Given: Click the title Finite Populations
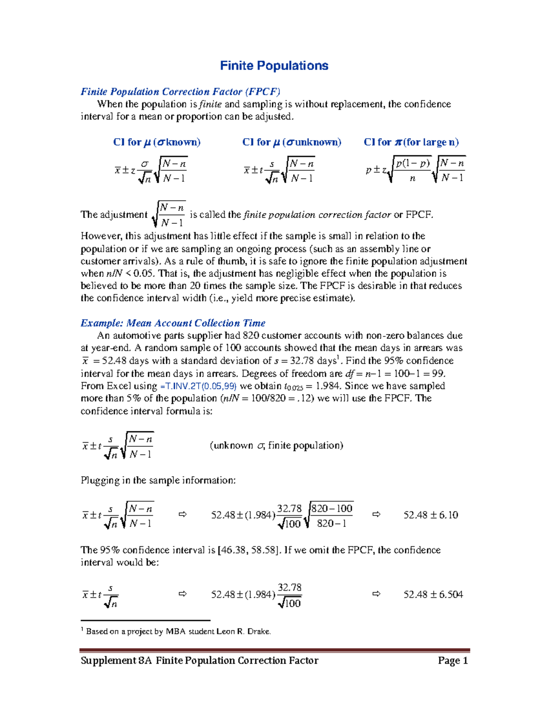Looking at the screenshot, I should (274, 65).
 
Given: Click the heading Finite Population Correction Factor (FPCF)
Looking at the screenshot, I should (180, 92).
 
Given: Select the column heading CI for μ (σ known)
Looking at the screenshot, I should (156, 142).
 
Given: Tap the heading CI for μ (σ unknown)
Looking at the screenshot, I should (291, 142).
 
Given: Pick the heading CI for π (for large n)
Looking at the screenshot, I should (411, 142).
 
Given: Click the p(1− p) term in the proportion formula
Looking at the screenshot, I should (413, 163).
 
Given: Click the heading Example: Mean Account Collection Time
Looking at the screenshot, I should (173, 323).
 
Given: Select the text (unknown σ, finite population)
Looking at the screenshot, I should (276, 445).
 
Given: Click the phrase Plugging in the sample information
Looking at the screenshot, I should (158, 480).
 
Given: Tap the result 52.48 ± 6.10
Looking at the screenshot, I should (431, 515).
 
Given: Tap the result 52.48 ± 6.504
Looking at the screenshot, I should (433, 594).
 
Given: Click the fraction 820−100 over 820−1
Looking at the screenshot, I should (332, 516).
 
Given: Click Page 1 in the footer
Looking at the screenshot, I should (452, 660).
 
